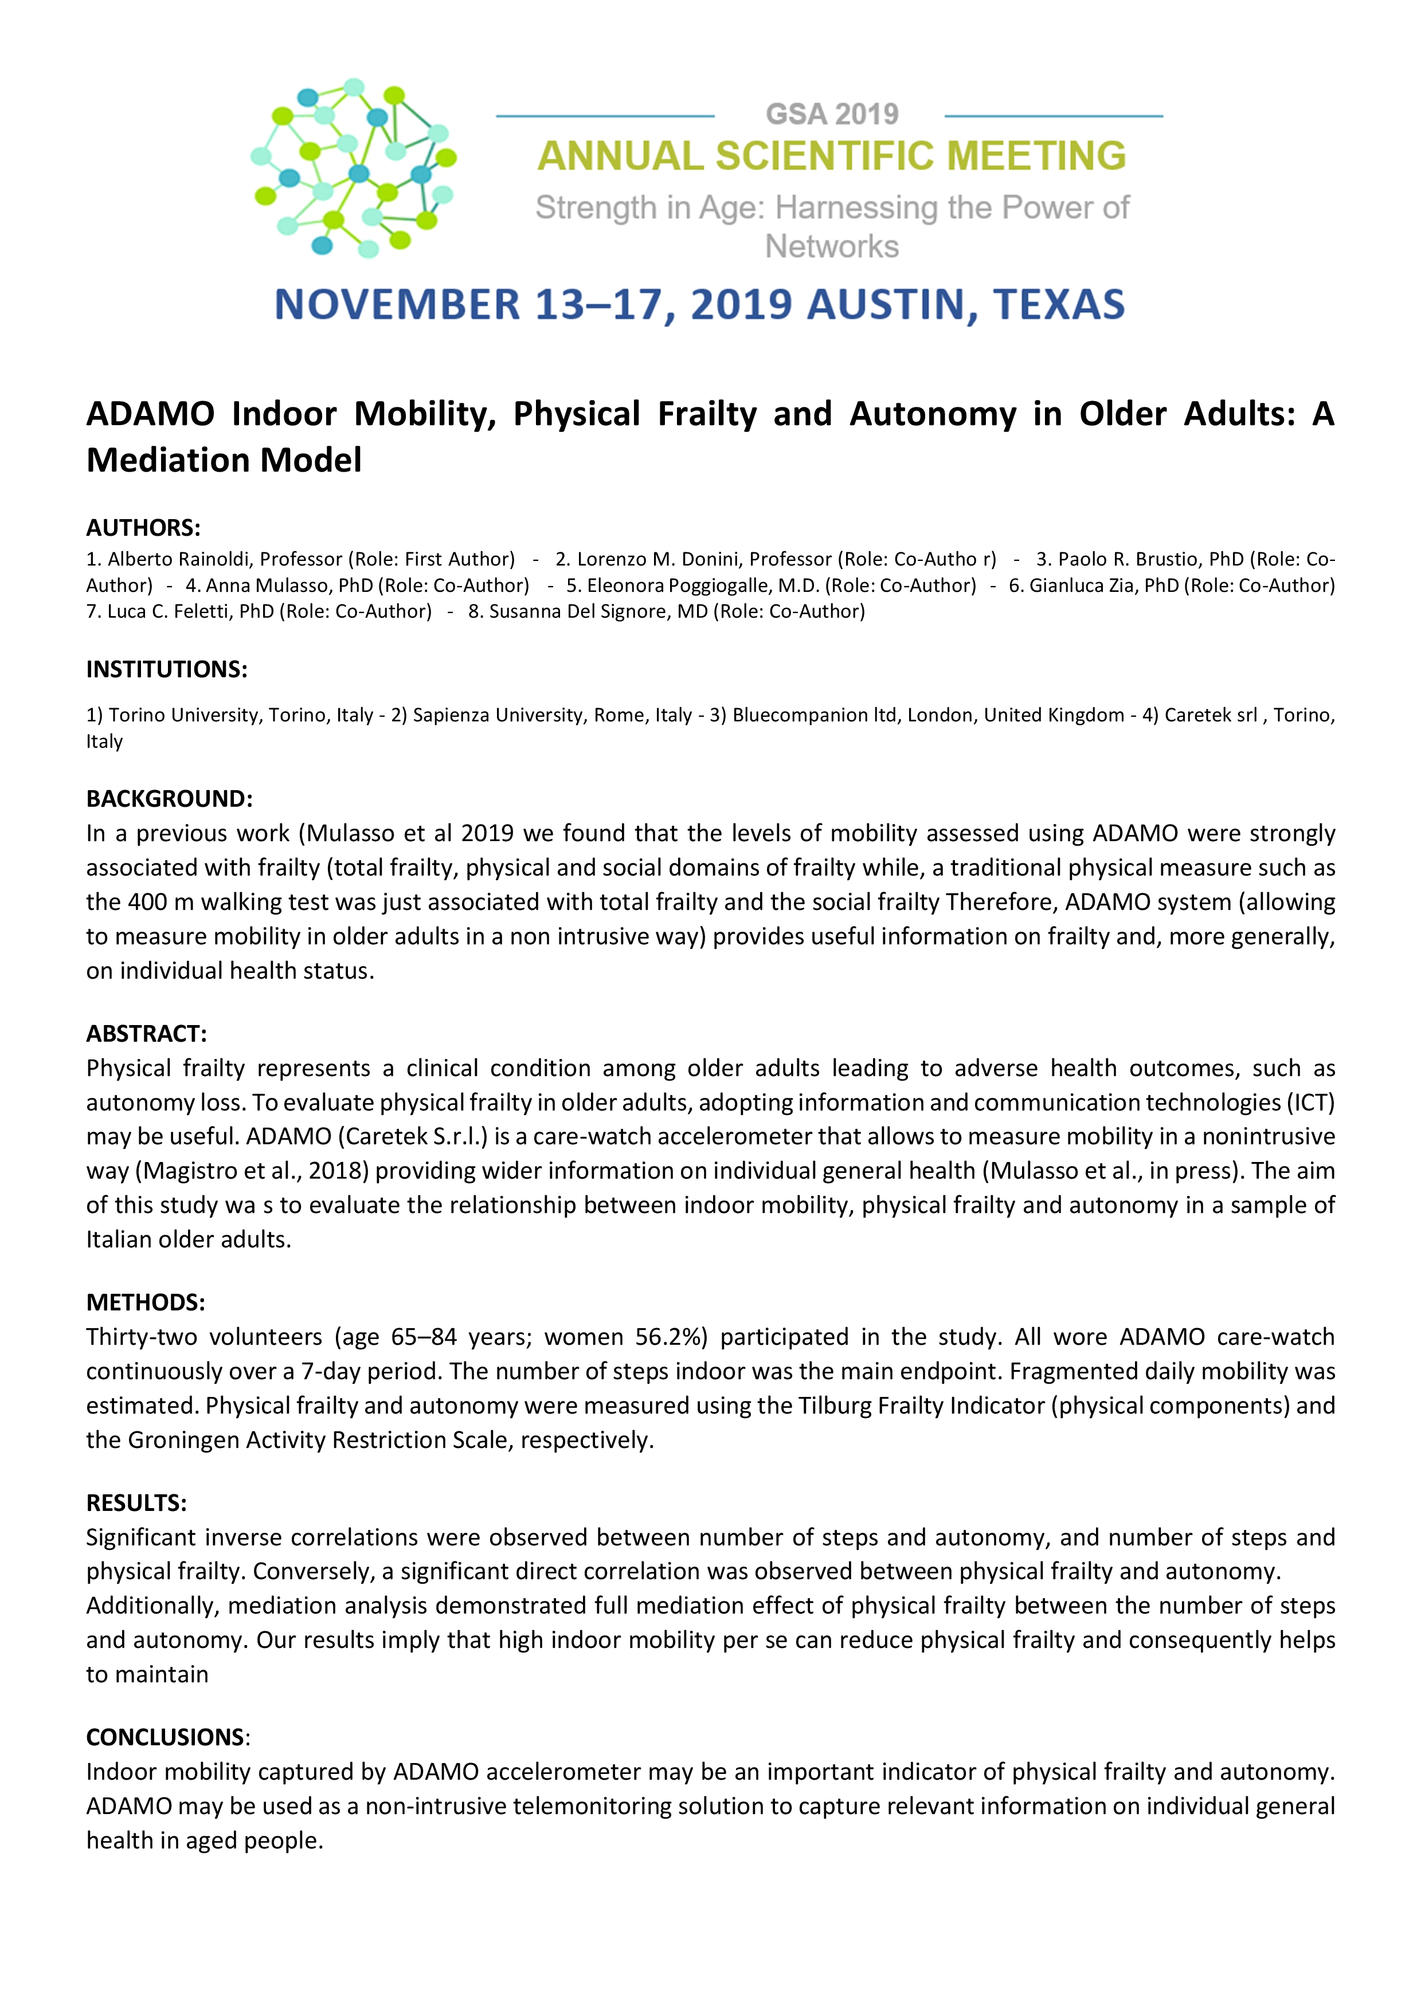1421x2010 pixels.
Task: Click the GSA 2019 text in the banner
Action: pyautogui.click(x=831, y=114)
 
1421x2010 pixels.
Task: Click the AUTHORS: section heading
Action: pyautogui.click(x=143, y=528)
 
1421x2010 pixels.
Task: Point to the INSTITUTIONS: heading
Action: pyautogui.click(x=166, y=670)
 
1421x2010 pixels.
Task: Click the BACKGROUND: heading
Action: pyautogui.click(x=169, y=798)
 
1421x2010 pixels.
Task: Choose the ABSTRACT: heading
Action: pyautogui.click(x=146, y=1034)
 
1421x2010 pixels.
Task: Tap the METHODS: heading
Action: pyautogui.click(x=146, y=1302)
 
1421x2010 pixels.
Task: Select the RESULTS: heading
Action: pyautogui.click(x=136, y=1503)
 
